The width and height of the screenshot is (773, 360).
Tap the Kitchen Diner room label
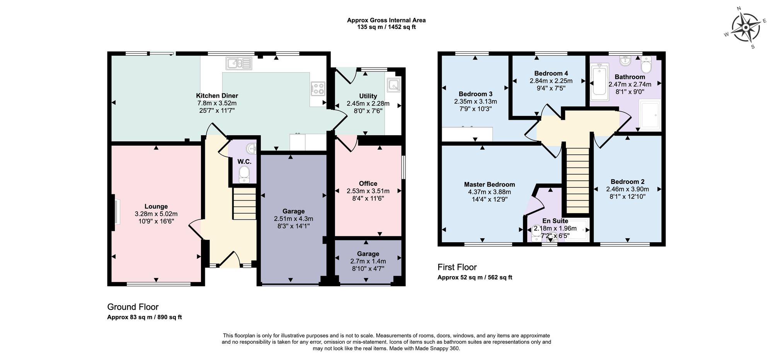(x=217, y=96)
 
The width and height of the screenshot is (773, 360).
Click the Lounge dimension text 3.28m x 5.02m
(x=156, y=214)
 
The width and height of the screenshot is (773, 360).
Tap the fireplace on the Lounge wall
(x=116, y=211)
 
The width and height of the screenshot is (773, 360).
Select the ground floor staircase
(x=244, y=204)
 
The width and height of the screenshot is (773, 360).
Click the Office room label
(x=368, y=183)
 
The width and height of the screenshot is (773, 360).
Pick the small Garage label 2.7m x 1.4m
(x=368, y=261)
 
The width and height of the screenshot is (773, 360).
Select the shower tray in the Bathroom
(x=650, y=115)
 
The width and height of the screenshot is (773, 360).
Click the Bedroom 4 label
(x=551, y=73)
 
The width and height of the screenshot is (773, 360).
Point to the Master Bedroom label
(x=489, y=185)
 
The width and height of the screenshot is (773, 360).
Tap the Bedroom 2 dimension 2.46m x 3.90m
(x=627, y=189)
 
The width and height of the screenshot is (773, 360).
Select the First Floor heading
(x=457, y=267)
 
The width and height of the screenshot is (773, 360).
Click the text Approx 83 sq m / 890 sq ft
(x=144, y=317)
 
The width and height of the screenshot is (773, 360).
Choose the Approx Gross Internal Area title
(x=386, y=20)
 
